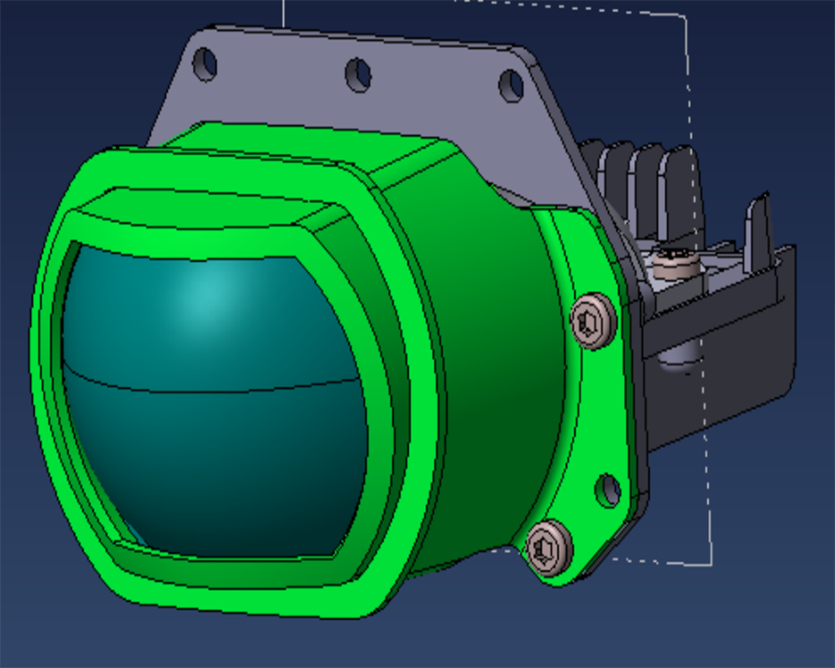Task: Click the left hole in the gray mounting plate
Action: pyautogui.click(x=204, y=63)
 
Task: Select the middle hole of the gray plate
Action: pyautogui.click(x=358, y=74)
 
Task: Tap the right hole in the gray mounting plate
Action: pyautogui.click(x=511, y=85)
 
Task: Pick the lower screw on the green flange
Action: pyautogui.click(x=549, y=548)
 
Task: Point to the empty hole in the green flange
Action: pyautogui.click(x=609, y=489)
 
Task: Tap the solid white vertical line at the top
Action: pyautogui.click(x=284, y=13)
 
